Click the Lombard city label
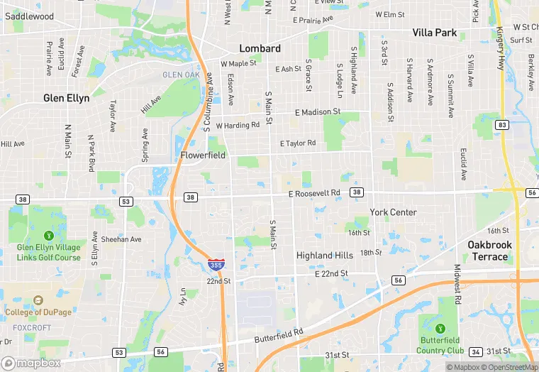click(x=260, y=49)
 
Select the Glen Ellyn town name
click(x=67, y=99)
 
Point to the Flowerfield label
click(x=202, y=155)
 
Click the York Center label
click(x=393, y=212)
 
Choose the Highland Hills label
click(x=324, y=256)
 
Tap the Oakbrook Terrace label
click(x=489, y=250)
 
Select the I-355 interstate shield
click(x=214, y=265)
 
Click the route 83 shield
click(x=502, y=125)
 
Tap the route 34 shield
click(x=476, y=353)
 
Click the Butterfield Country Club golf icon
click(x=440, y=329)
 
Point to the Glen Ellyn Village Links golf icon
click(x=48, y=236)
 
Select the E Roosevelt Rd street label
click(x=314, y=193)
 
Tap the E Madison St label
click(x=318, y=112)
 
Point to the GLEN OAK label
click(x=181, y=75)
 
